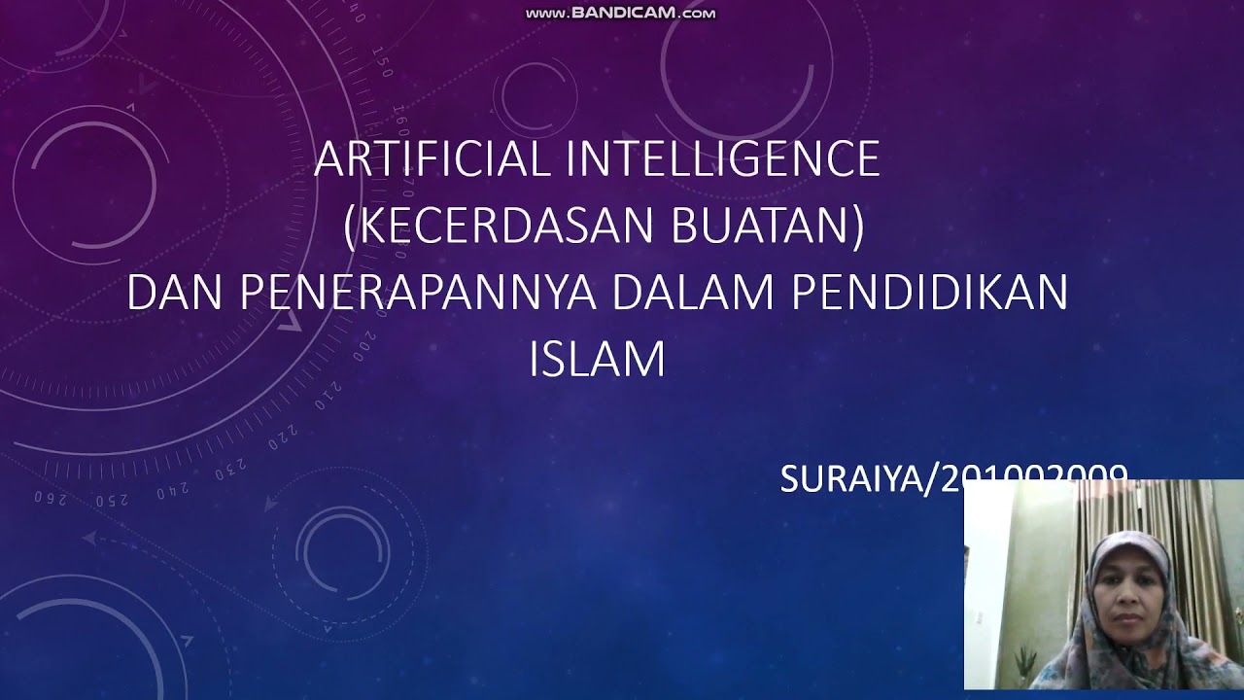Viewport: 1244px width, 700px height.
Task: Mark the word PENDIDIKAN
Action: click(930, 293)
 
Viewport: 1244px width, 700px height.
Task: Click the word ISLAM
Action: click(597, 359)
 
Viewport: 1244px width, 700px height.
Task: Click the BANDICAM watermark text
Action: click(621, 14)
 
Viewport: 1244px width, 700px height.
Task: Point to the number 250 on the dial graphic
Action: click(112, 500)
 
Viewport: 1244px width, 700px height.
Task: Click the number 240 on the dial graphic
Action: click(173, 492)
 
